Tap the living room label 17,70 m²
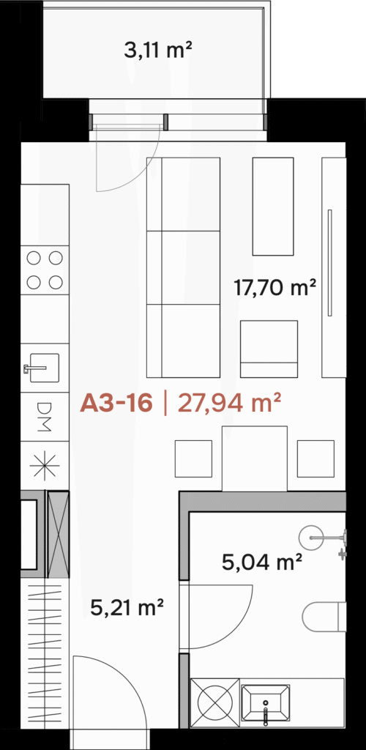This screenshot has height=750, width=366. click(274, 288)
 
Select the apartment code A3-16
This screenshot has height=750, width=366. click(116, 404)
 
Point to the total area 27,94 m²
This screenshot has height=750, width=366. click(228, 404)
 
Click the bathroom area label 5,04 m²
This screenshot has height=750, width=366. click(262, 562)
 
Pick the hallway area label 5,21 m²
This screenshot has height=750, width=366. click(127, 609)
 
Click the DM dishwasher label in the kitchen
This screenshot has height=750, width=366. click(44, 416)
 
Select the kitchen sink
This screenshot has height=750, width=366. click(44, 368)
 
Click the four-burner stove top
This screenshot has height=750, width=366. click(45, 270)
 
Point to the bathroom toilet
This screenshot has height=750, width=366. click(324, 617)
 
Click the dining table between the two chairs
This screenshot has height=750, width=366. click(255, 458)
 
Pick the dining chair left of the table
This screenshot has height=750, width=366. click(193, 458)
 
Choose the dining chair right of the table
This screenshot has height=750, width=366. click(315, 458)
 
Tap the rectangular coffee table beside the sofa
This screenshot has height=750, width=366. click(273, 206)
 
